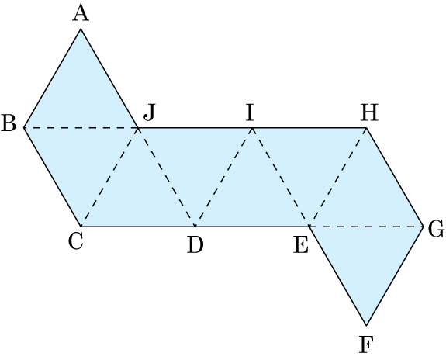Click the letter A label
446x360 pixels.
(x=81, y=14)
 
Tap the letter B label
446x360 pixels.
(x=9, y=123)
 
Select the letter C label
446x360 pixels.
(x=76, y=241)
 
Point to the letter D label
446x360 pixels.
(x=195, y=245)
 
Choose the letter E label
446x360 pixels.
(x=301, y=245)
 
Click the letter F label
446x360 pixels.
(x=366, y=344)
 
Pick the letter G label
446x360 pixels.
(x=436, y=229)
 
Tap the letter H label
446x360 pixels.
(x=369, y=113)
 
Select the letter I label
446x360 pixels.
(x=250, y=113)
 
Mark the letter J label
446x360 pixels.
(x=150, y=112)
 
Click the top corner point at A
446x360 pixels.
(x=81, y=29)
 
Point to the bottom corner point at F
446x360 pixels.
(x=366, y=325)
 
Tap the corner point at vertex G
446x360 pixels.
(x=424, y=227)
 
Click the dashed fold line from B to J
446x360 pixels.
(x=81, y=128)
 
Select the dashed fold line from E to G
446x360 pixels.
(x=366, y=227)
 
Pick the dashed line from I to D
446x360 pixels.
(x=223, y=178)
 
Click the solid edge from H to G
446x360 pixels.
(x=395, y=178)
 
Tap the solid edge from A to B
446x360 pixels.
(x=52, y=78)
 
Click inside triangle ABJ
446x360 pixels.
(x=81, y=95)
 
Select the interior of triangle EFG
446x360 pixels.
(x=366, y=259)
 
